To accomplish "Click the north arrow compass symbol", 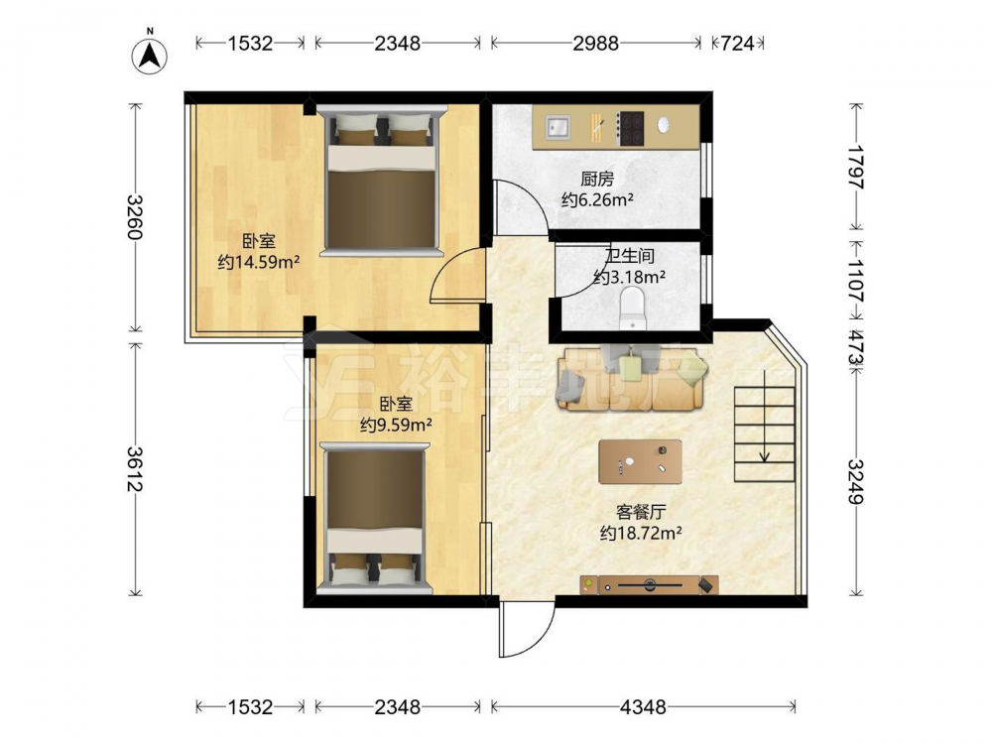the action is point(150,55).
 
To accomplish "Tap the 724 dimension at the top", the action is point(738,43).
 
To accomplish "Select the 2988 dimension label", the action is point(596,43).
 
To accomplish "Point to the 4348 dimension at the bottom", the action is point(643,706).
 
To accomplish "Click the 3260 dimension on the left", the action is point(135,217).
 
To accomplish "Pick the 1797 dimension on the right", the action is point(856,167).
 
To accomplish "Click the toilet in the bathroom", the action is point(632,309).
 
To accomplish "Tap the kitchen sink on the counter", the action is point(558,127).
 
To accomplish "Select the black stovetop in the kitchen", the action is point(631,128).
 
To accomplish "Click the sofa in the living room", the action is point(631,378).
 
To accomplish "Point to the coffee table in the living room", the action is point(640,462).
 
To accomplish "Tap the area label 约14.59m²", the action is point(258,262).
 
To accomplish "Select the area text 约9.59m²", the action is point(396,425).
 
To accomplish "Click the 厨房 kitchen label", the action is point(597,179).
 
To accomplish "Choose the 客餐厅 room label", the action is point(641,511).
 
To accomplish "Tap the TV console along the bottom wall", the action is point(649,584).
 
